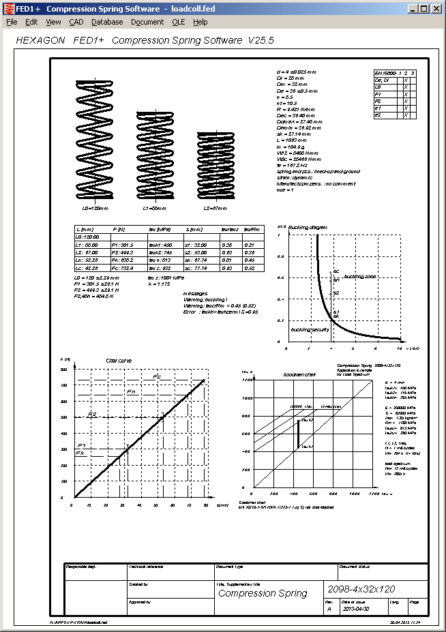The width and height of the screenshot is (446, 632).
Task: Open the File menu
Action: [12, 22]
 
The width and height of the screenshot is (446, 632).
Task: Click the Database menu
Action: [107, 22]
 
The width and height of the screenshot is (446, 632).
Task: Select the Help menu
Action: [200, 22]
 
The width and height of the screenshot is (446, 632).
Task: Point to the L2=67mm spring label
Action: [216, 207]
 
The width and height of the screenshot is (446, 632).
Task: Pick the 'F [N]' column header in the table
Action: [118, 230]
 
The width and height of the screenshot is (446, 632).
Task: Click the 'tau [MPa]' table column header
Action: [160, 230]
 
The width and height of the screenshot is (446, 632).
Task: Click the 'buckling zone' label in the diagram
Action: [359, 276]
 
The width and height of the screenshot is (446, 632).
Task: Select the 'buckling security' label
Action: [310, 329]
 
